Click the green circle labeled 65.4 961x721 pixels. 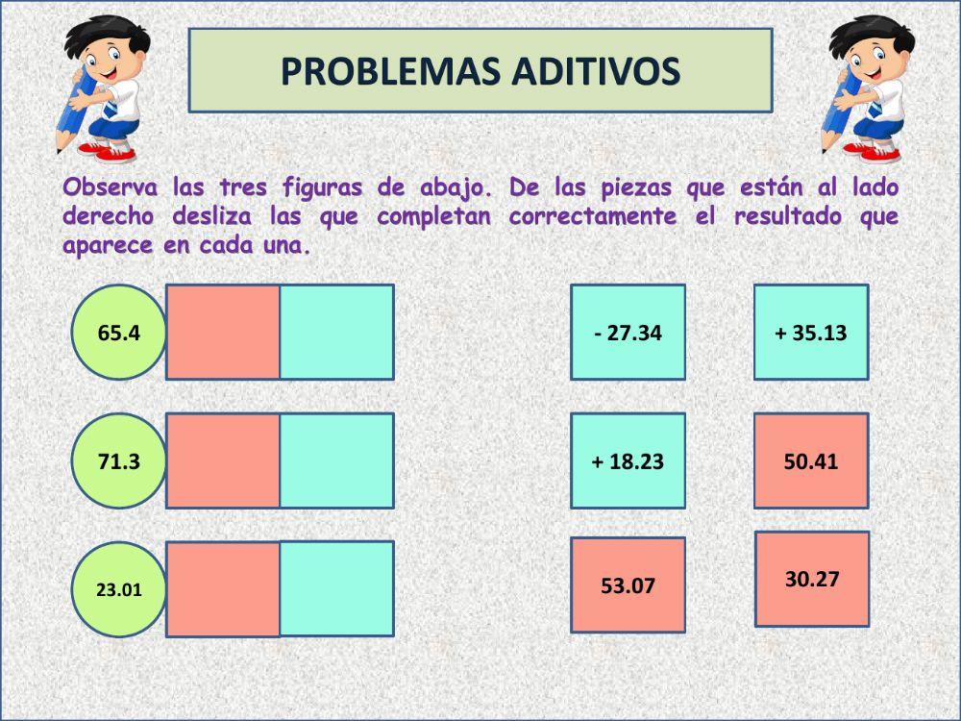click(x=119, y=333)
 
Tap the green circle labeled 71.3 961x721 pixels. click(x=119, y=461)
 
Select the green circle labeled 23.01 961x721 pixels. click(x=119, y=589)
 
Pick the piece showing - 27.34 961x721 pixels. click(x=628, y=332)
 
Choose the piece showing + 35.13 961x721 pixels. click(x=810, y=332)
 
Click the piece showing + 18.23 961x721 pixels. click(x=628, y=460)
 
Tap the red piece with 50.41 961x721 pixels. click(x=811, y=460)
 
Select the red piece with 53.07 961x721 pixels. click(x=628, y=584)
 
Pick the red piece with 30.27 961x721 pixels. click(x=812, y=579)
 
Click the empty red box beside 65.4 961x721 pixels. click(x=223, y=332)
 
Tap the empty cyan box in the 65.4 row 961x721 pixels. click(x=336, y=332)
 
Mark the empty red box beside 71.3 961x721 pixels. click(x=223, y=460)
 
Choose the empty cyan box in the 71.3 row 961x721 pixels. click(x=336, y=460)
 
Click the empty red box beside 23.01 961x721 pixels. click(x=223, y=589)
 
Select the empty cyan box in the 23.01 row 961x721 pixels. click(x=336, y=588)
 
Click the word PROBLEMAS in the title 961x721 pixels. click(x=374, y=70)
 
